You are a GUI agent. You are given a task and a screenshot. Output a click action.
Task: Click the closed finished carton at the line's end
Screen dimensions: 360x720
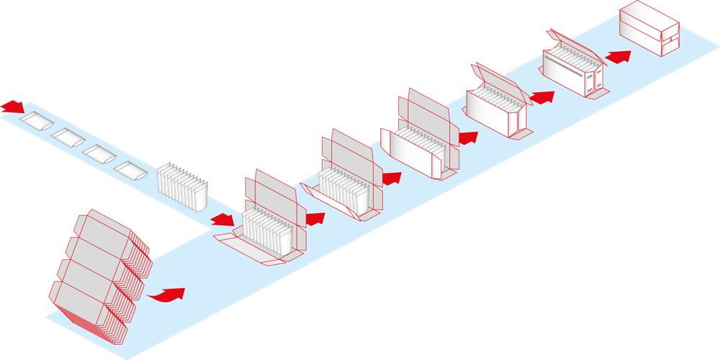click(x=649, y=29)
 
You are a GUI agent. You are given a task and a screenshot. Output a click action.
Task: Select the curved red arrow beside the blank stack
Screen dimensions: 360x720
click(x=167, y=294)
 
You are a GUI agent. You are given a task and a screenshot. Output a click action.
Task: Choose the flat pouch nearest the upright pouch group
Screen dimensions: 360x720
click(x=130, y=171)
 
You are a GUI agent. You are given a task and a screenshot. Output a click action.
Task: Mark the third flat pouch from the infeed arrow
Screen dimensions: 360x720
click(x=99, y=153)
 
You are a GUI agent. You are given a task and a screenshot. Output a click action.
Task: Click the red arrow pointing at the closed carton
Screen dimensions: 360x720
click(x=618, y=55)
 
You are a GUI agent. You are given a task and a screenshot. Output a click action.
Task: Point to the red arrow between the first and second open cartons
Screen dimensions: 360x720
click(x=315, y=216)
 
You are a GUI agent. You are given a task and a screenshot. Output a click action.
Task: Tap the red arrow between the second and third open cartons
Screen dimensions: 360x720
click(x=392, y=177)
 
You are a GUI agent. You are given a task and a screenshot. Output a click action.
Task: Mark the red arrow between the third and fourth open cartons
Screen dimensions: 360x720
click(x=468, y=137)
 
